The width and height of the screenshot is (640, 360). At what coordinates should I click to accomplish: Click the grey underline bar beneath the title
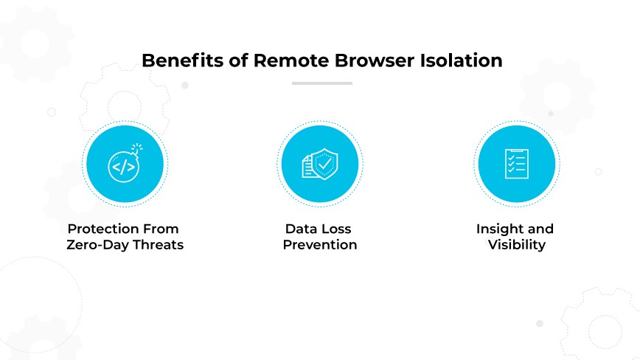(321, 83)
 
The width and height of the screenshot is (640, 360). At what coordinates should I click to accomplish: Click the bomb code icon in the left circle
(122, 165)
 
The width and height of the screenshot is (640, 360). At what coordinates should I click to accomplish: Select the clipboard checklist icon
(515, 163)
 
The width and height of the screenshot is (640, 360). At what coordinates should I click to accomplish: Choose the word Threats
(159, 245)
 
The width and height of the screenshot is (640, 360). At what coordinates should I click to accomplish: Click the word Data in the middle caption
(302, 229)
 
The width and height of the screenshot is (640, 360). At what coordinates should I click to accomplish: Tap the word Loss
(338, 229)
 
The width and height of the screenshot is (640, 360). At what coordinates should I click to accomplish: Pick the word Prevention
(320, 245)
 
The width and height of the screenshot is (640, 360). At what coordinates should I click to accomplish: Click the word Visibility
(517, 245)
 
